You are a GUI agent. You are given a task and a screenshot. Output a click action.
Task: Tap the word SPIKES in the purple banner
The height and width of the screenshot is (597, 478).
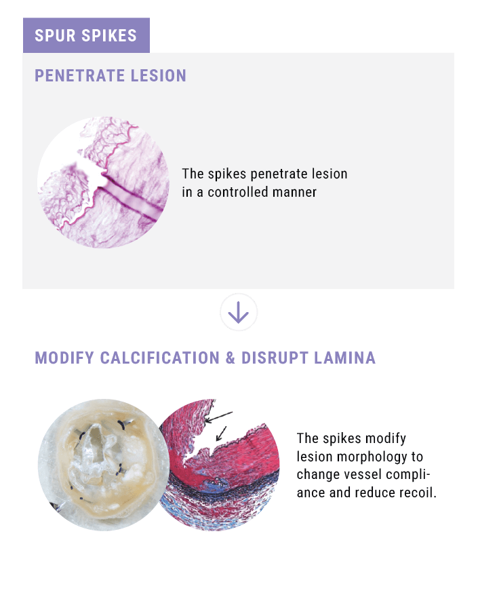109,35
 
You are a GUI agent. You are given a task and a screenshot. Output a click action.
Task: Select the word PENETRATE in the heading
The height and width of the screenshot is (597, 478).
79,75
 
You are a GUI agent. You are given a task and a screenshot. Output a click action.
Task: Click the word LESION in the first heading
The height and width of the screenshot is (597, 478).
159,75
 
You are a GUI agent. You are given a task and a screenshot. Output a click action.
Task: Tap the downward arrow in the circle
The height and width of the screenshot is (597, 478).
239,312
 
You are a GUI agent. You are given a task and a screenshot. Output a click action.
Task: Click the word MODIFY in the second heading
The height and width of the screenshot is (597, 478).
64,358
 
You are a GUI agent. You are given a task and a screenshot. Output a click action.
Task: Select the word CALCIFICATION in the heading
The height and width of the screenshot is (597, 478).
160,358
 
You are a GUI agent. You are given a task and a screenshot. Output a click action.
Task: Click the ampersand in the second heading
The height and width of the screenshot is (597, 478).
231,358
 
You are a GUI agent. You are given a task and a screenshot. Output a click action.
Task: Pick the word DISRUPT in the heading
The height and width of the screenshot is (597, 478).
275,358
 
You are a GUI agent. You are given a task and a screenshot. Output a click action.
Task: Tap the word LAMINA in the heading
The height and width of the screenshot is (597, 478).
345,358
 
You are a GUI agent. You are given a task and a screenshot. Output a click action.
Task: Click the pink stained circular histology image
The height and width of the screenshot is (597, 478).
104,182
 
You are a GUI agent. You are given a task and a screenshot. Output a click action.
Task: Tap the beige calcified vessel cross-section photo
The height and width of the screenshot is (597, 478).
104,465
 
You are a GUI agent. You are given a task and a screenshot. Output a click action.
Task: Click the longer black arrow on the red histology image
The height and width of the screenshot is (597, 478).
218,417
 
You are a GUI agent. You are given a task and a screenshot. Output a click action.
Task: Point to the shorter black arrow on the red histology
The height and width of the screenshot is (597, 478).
221,434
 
